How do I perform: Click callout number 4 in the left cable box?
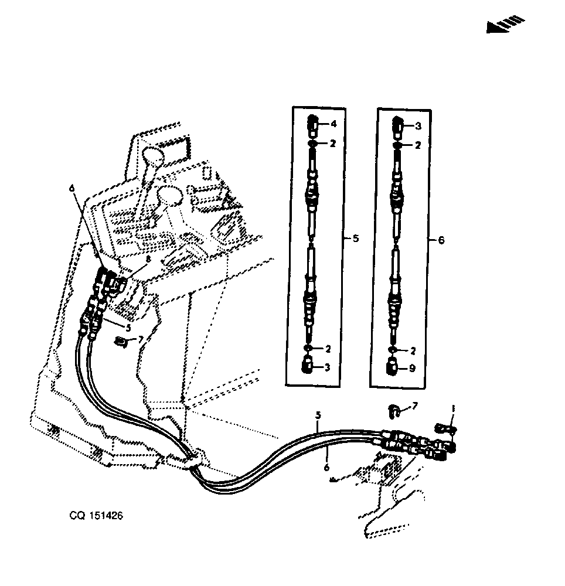point(333,124)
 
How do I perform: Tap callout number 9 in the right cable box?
point(412,369)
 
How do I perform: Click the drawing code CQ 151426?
point(96,516)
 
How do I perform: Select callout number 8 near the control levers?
point(148,258)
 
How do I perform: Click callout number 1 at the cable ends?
point(453,409)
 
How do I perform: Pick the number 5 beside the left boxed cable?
point(355,239)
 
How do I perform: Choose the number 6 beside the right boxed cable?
point(441,240)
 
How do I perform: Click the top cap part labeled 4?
point(313,127)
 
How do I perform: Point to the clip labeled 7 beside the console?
point(120,341)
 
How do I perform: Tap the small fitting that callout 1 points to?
point(444,427)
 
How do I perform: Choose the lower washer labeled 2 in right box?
point(392,350)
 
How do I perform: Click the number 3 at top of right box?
point(418,127)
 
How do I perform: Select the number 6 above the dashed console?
point(72,188)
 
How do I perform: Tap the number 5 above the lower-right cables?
point(318,415)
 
